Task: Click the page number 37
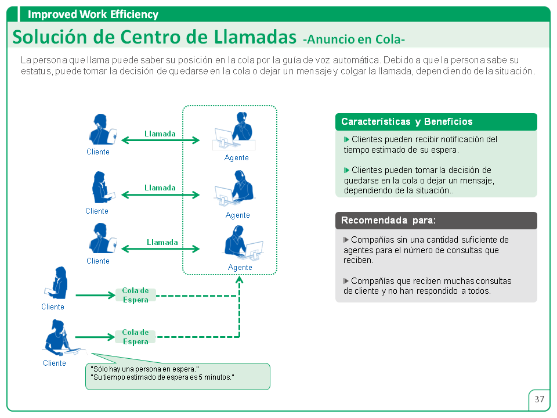coord(539,399)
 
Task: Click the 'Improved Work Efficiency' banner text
coord(93,14)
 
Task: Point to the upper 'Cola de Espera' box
coord(135,295)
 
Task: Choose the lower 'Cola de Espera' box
coord(135,337)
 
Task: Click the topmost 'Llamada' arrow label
coord(160,134)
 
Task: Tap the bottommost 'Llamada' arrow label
coord(162,242)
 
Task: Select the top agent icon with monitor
coord(234,132)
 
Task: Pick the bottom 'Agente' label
coord(240,267)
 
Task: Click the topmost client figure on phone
coord(103,129)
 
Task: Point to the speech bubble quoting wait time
coord(178,376)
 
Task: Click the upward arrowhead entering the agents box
coord(240,279)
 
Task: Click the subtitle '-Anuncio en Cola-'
coord(354,39)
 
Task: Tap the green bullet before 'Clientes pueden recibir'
coord(346,139)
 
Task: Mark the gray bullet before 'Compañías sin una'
coord(346,240)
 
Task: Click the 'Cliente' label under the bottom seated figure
coord(55,363)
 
